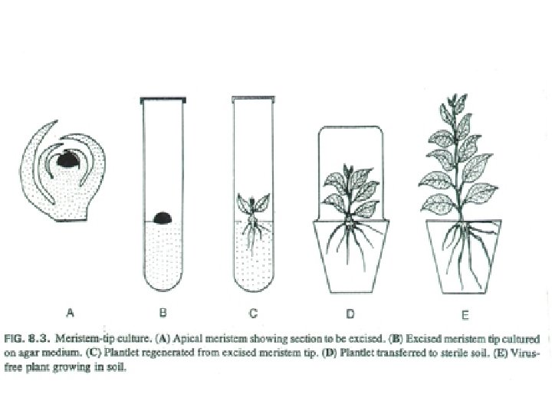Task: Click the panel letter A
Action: pos(70,312)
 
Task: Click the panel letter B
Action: pos(163,312)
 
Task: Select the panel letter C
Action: pos(255,312)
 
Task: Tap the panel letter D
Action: pos(350,313)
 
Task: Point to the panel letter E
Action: pos(465,313)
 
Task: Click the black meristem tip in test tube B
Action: pos(162,218)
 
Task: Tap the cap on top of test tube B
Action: pos(162,99)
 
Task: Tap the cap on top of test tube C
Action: pos(254,98)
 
